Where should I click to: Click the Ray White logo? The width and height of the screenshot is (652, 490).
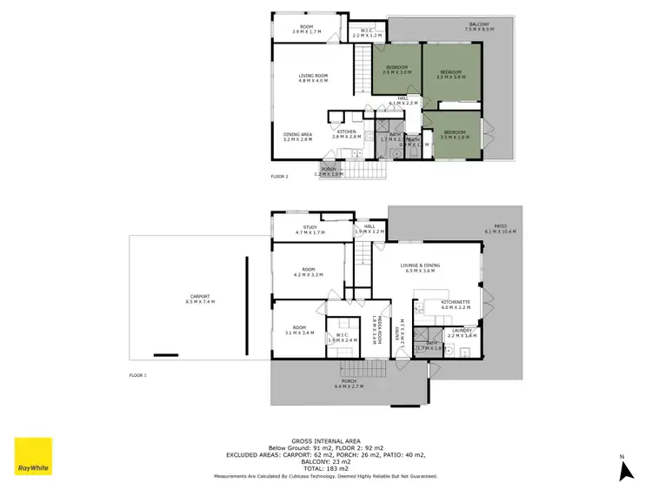point(32,458)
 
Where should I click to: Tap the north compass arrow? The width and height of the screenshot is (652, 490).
point(622,469)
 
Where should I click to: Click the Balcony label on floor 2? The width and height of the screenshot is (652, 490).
point(479,26)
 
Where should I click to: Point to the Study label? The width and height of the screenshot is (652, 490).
point(309,230)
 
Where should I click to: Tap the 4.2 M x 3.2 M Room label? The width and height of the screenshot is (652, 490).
point(309,272)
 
